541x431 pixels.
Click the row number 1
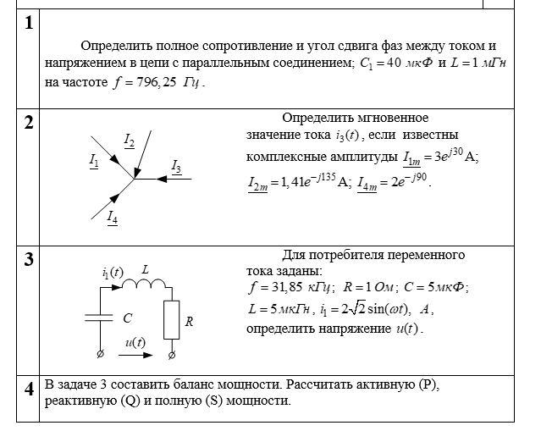tap(29, 24)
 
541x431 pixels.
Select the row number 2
tap(29, 122)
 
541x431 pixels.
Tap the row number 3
tap(29, 260)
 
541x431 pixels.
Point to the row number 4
tap(29, 389)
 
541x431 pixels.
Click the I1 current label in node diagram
tap(94, 158)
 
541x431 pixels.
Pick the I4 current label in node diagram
tap(113, 218)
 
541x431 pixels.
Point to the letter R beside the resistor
tap(190, 322)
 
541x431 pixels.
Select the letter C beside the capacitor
tap(127, 319)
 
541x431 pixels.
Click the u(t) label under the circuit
tap(135, 342)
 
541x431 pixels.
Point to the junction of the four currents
tap(134, 179)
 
